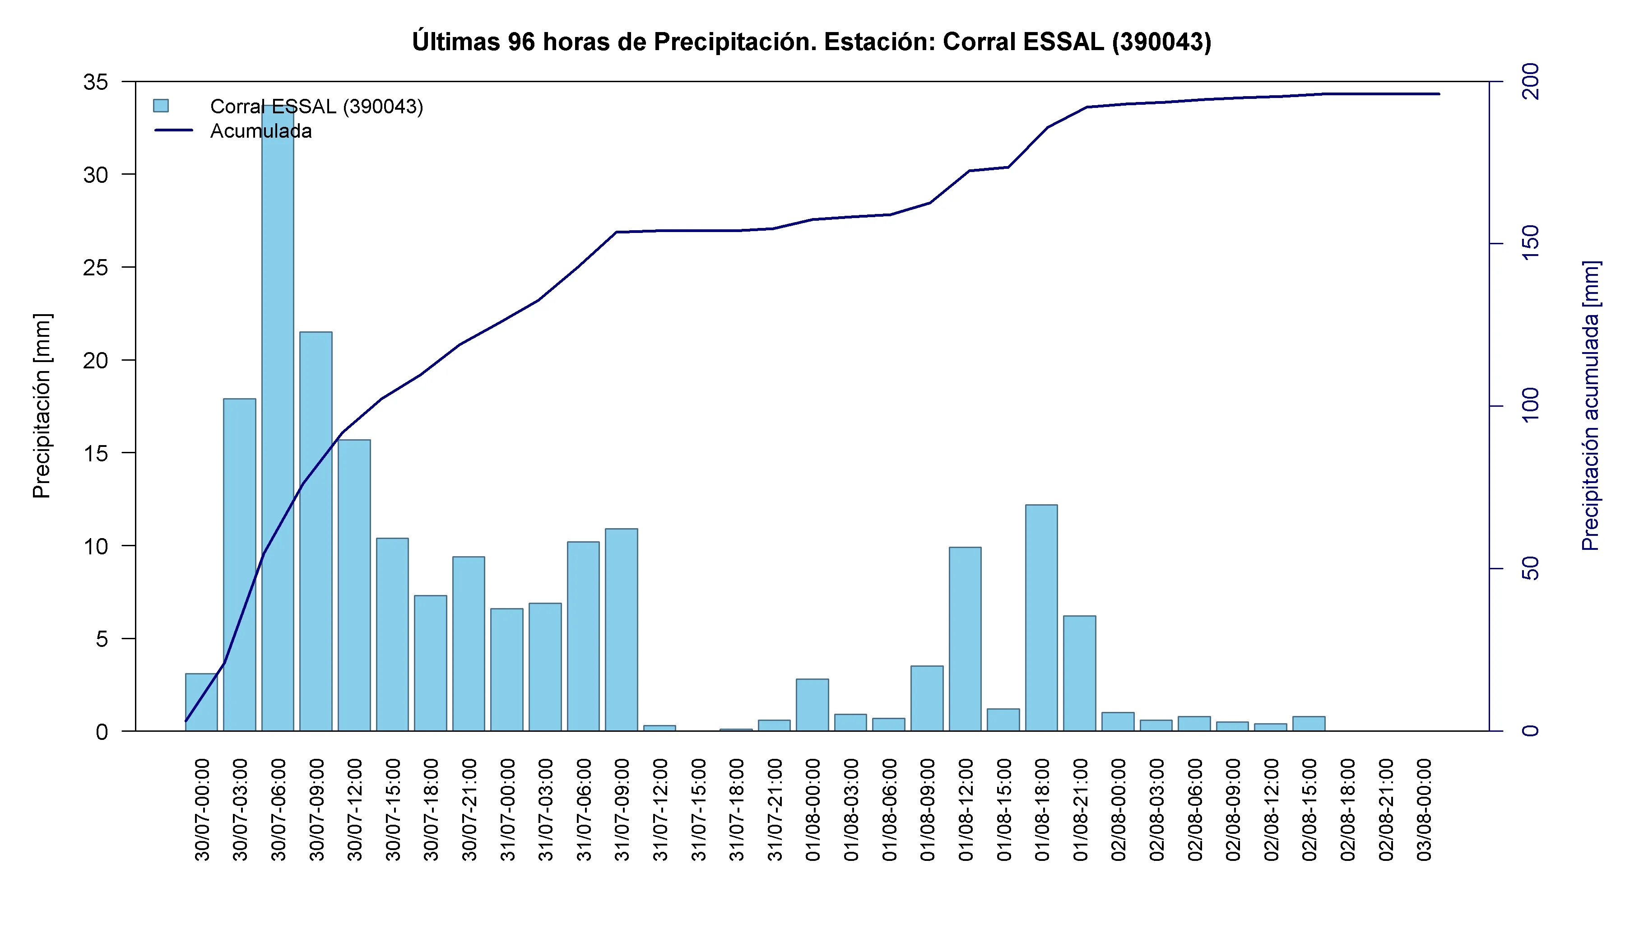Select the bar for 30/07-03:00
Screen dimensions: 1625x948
click(x=239, y=565)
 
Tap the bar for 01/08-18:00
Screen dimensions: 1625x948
click(x=1041, y=618)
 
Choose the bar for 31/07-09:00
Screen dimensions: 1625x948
click(x=621, y=630)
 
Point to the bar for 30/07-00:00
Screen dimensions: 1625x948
click(x=201, y=702)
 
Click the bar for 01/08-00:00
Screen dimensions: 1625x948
click(x=812, y=705)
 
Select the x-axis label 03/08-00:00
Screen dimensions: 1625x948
click(x=1424, y=809)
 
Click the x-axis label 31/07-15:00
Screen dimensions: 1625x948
click(x=698, y=809)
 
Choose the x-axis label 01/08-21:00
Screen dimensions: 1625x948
click(x=1080, y=809)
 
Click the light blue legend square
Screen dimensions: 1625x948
click(x=161, y=106)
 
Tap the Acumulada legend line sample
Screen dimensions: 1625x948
click(x=173, y=130)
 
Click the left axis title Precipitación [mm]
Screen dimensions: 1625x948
click(x=41, y=406)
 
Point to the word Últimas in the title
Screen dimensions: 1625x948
click(x=456, y=41)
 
